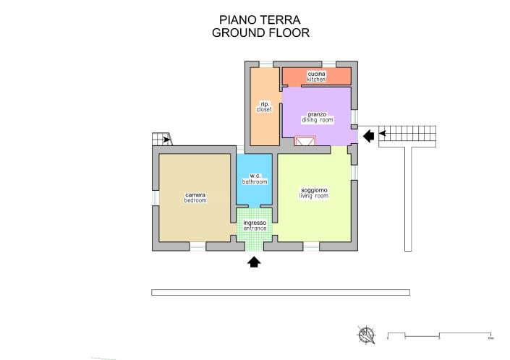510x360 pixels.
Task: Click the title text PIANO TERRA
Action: click(x=260, y=20)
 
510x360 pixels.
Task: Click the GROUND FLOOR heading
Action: click(x=260, y=33)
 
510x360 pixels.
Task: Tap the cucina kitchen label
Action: click(x=316, y=77)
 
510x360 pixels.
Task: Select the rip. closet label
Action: click(x=264, y=106)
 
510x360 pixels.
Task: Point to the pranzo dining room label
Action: click(x=318, y=117)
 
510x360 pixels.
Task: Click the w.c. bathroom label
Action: click(x=255, y=179)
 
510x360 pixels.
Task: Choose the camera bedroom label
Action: click(x=195, y=197)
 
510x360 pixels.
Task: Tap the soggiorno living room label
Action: click(x=314, y=193)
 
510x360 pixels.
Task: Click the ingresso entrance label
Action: click(x=255, y=226)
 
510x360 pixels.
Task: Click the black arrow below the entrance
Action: click(x=254, y=262)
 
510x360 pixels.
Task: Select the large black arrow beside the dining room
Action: click(x=368, y=134)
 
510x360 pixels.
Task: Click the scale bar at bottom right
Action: click(x=440, y=335)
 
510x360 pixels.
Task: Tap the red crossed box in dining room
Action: click(x=305, y=141)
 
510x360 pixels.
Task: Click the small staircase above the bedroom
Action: click(x=161, y=140)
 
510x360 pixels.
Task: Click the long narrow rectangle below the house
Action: click(x=281, y=292)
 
